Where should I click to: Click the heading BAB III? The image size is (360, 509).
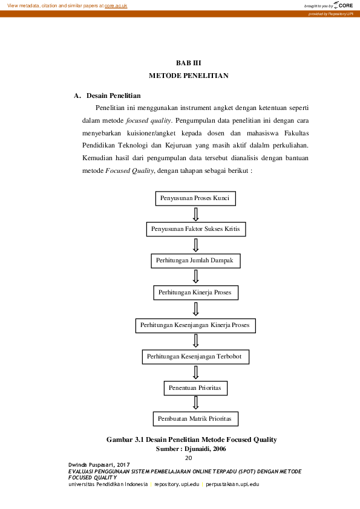pos(188,63)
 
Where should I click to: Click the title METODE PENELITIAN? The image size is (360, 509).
pos(188,76)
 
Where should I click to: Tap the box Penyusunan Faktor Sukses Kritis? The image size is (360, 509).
pos(196,230)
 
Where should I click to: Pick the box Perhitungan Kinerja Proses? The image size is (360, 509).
pos(195,293)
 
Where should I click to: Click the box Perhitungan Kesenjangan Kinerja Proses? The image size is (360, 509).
pos(195,325)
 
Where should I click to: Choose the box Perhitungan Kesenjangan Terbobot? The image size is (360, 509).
pos(195,357)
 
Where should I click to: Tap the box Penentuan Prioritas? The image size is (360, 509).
pos(195,386)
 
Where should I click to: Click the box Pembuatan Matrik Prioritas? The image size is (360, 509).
pos(195,418)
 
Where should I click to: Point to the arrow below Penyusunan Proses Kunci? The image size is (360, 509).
pos(195,214)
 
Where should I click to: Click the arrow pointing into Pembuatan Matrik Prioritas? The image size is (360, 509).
pos(195,403)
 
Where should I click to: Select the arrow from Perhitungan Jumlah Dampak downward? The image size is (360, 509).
pos(195,276)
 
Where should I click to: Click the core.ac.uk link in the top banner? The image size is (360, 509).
pos(116,5)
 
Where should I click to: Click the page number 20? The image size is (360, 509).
pos(188,458)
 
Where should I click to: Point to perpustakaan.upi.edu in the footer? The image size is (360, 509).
pos(232,484)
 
